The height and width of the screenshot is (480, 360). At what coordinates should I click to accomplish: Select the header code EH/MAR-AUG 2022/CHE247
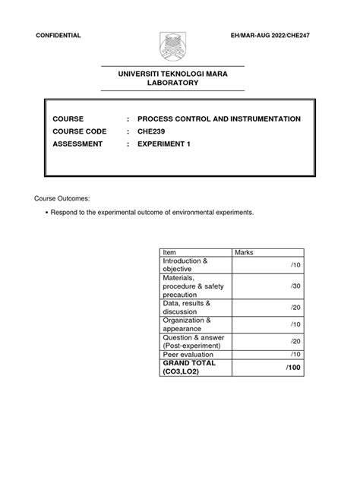(284, 36)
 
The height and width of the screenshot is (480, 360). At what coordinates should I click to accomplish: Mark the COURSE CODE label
(79, 131)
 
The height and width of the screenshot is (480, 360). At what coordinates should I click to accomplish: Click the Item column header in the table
(169, 251)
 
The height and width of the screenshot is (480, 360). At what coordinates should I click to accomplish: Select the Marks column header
(245, 251)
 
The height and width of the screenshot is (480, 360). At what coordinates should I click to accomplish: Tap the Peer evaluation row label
(188, 354)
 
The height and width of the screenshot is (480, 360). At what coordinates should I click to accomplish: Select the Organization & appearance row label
(186, 324)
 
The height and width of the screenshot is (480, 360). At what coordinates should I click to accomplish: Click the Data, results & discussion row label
(187, 307)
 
